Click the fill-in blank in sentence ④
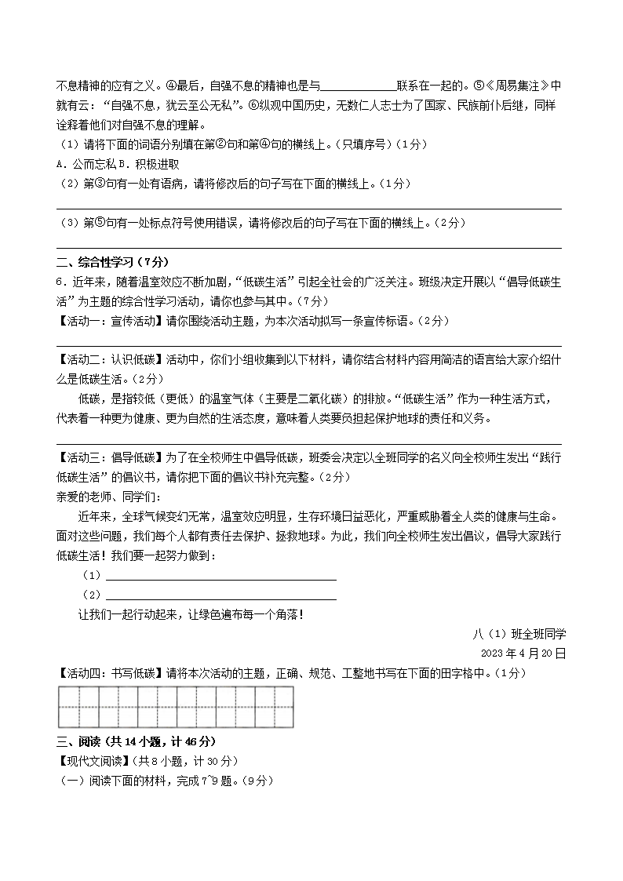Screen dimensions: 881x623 359,86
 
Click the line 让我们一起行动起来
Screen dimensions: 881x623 191,614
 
